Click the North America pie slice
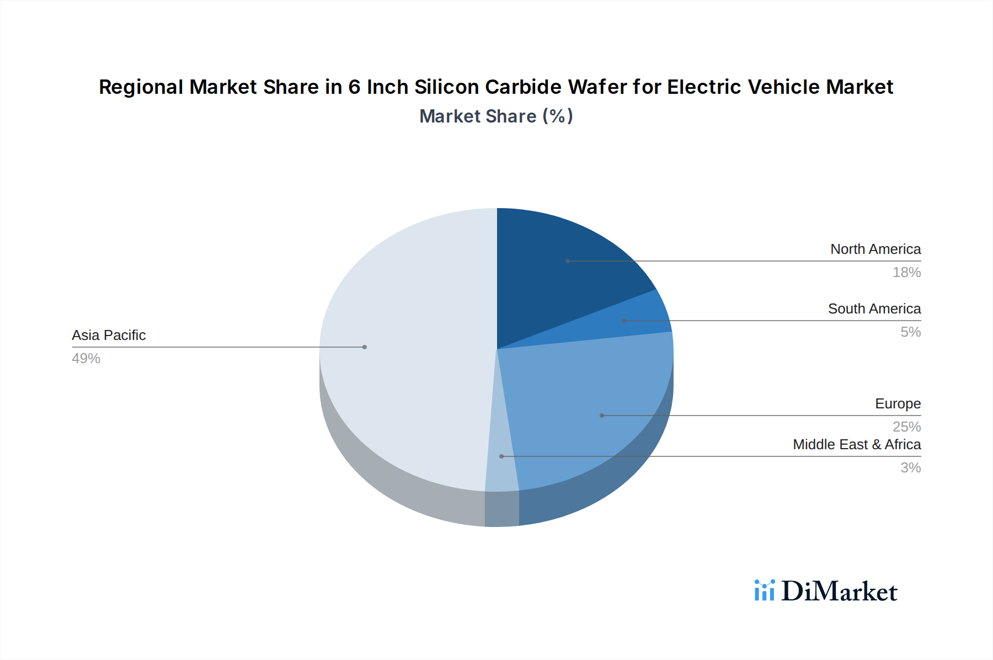563,270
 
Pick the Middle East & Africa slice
501,464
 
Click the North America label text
875,249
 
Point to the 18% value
906,273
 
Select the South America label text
874,309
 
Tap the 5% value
910,332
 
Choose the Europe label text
898,404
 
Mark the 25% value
906,427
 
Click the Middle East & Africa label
856,445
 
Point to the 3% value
910,468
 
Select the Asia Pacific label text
109,336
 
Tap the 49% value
86,359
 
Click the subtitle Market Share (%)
496,116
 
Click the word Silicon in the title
446,87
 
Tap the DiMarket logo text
839,592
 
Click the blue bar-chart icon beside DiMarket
764,590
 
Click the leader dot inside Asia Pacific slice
365,347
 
